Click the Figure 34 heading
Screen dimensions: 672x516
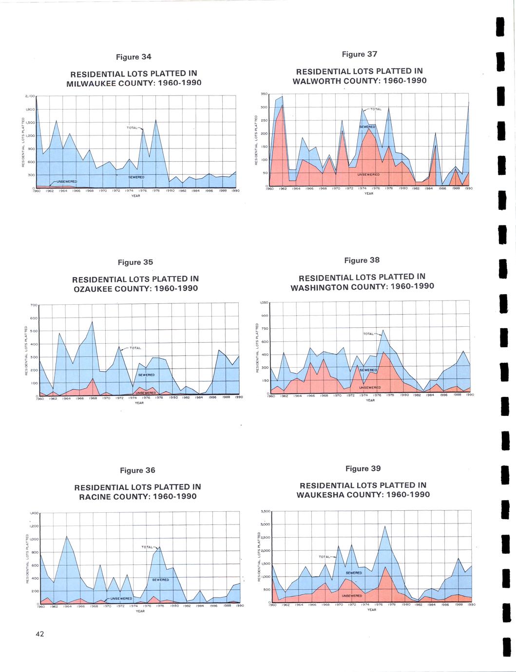134,57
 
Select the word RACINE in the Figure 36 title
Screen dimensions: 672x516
95,497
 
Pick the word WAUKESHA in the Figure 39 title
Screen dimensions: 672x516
322,495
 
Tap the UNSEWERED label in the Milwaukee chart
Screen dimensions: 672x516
67,182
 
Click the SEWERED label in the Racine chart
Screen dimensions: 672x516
160,579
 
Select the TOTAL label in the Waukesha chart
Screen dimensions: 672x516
325,557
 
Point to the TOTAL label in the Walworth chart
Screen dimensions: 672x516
376,109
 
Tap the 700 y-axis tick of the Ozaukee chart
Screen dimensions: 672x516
34,305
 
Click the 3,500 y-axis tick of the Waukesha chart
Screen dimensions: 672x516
266,511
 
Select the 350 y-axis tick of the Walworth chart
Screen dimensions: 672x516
265,94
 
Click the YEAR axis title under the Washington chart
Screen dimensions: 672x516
370,400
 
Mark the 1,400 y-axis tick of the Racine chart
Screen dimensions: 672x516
34,513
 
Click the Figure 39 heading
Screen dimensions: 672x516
363,468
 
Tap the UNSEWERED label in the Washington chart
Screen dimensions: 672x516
369,388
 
